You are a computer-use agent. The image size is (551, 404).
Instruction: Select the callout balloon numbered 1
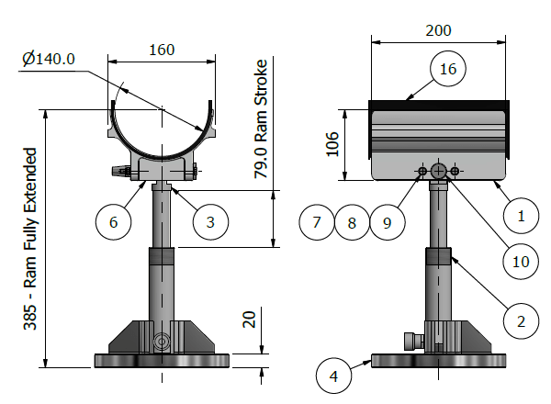click(521, 217)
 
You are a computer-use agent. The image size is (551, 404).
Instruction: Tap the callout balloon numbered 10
click(521, 261)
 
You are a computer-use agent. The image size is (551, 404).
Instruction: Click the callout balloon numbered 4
click(333, 375)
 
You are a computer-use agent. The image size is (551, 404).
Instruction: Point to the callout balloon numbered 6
click(114, 221)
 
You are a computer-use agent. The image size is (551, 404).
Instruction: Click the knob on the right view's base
click(408, 341)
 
